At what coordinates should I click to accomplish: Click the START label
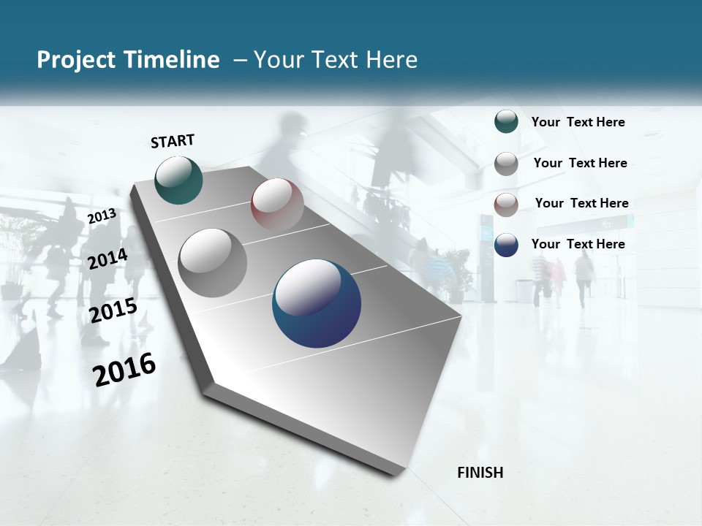173,141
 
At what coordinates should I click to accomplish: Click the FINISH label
480,473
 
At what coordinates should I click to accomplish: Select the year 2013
102,216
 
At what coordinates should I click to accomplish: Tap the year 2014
108,259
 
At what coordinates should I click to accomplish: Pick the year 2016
124,370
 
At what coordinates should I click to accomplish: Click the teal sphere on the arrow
179,180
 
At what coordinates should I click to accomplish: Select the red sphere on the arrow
277,204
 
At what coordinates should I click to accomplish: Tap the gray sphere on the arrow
213,263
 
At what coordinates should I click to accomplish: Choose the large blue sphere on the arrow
317,303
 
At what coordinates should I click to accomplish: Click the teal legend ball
506,122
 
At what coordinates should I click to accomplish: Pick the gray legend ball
506,164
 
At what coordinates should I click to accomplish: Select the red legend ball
506,205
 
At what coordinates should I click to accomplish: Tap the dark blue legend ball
506,245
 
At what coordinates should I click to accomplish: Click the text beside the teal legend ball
578,123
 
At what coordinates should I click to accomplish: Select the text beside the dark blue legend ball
578,244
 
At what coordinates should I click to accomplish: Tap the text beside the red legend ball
581,203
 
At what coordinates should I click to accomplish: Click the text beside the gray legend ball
580,163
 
